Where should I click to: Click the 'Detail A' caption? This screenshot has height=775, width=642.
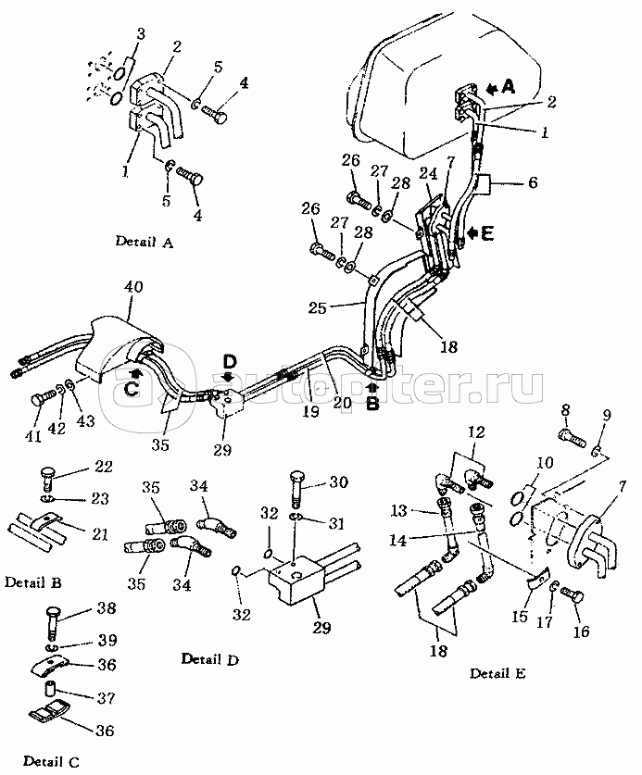[x=144, y=242]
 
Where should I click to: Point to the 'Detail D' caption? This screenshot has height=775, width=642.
[x=209, y=659]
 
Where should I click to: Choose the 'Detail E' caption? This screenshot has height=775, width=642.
[x=497, y=673]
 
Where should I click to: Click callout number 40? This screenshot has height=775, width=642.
[x=134, y=287]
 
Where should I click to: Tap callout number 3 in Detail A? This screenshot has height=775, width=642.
[x=141, y=34]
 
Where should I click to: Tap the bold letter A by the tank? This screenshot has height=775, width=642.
[x=508, y=87]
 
